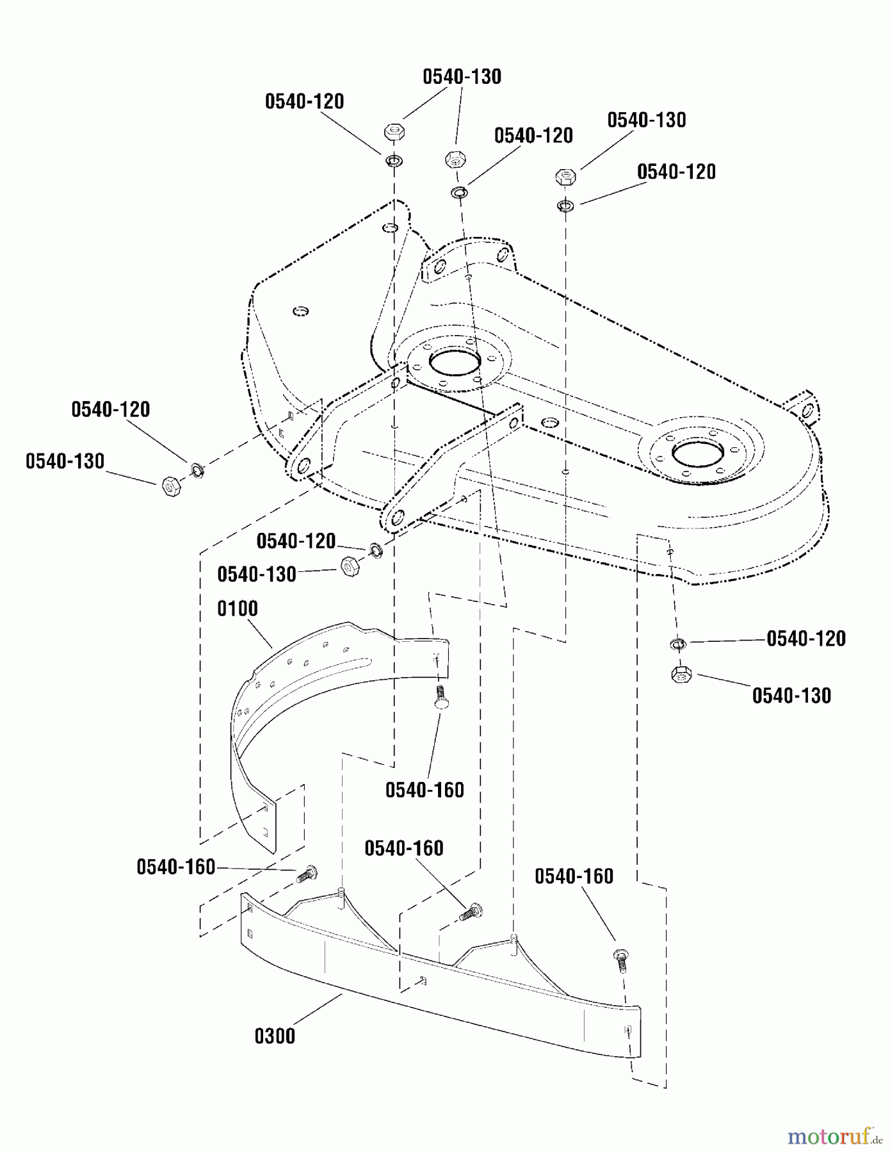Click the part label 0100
click(x=238, y=609)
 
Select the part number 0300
click(x=275, y=1036)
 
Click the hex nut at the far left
click(x=171, y=487)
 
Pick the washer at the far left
click(x=197, y=471)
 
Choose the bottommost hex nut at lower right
click(x=681, y=675)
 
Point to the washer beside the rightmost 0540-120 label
click(x=678, y=643)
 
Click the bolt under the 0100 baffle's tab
click(x=441, y=697)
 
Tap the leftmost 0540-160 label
click(x=176, y=867)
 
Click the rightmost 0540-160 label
click(x=574, y=876)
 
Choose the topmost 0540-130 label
click(x=462, y=77)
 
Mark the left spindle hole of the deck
click(x=455, y=361)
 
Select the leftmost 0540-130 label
click(x=65, y=461)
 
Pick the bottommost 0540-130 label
click(x=791, y=696)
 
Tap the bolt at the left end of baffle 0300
click(x=305, y=874)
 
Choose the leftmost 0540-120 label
click(x=111, y=410)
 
